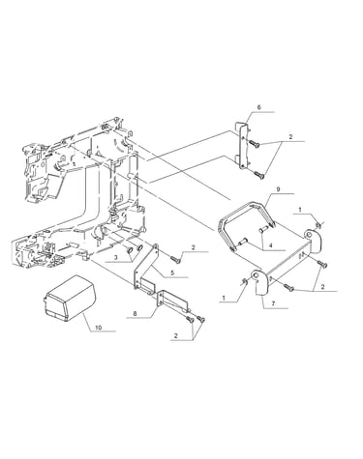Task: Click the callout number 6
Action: click(259, 107)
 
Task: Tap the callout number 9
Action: click(279, 189)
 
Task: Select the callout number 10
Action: click(99, 328)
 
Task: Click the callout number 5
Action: click(172, 273)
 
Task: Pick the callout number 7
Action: click(274, 303)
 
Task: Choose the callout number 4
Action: click(271, 245)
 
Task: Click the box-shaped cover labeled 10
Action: click(70, 299)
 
